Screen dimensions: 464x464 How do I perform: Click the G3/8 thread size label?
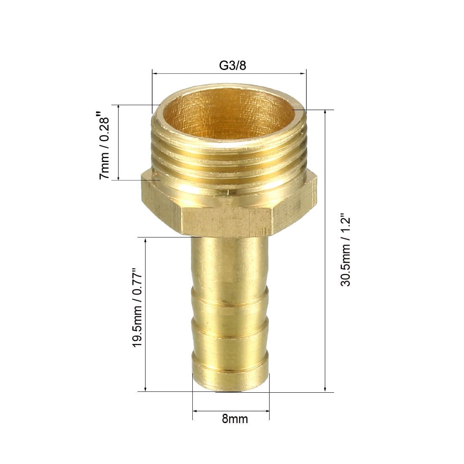pyautogui.click(x=232, y=66)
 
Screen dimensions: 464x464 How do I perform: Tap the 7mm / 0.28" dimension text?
pyautogui.click(x=104, y=146)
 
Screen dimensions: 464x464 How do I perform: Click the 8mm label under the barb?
pyautogui.click(x=235, y=419)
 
